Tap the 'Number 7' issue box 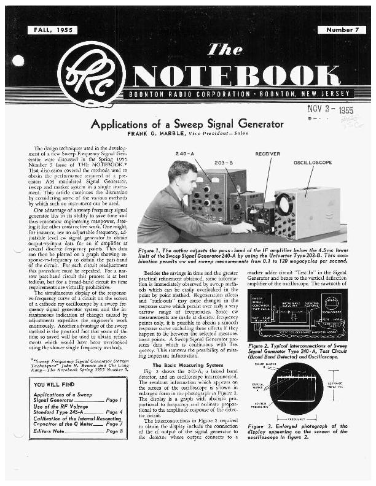pyautogui.click(x=341, y=29)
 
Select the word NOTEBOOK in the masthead pyautogui.click(x=243, y=75)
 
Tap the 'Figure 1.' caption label pyautogui.click(x=150, y=251)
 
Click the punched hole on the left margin pyautogui.click(x=18, y=60)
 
